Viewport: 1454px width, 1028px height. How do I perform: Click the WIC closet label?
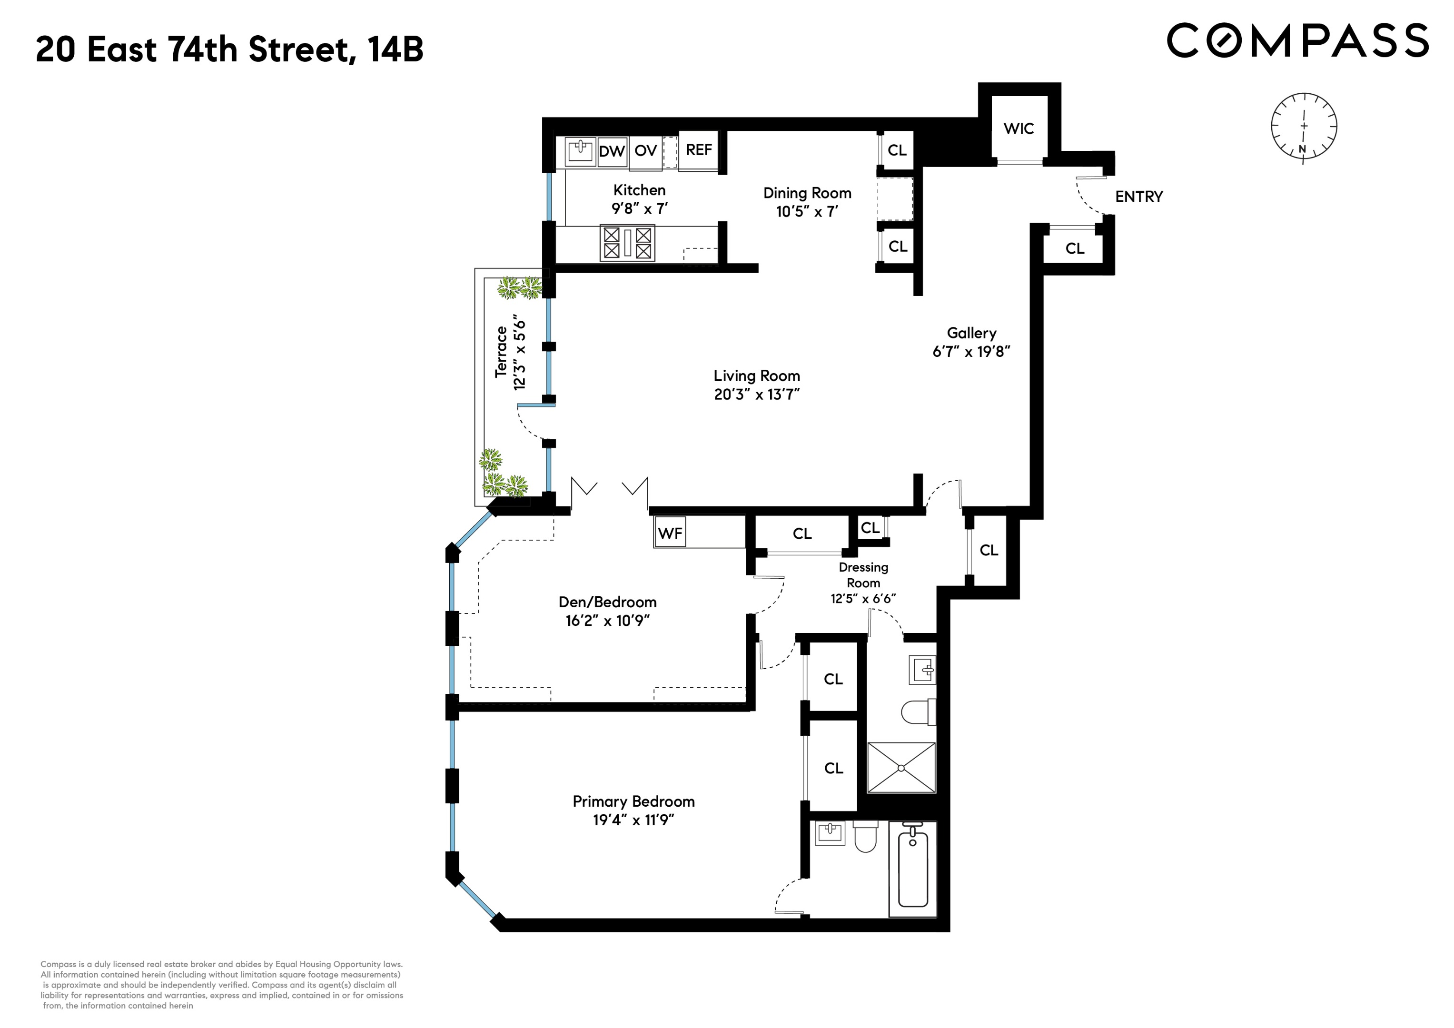pos(1019,128)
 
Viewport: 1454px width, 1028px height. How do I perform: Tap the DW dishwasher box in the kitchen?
pos(612,151)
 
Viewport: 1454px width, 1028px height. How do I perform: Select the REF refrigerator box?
pos(699,150)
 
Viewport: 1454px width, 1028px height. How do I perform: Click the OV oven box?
pos(645,151)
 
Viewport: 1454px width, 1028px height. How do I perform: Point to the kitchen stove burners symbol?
pos(627,243)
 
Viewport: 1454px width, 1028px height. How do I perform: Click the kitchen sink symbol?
pos(579,151)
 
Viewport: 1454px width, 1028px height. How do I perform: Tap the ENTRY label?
pos(1138,197)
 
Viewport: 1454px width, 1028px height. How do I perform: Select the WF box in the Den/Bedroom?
pos(670,534)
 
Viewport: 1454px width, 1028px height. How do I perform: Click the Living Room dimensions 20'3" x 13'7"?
pos(757,395)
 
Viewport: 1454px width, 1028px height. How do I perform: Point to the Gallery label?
pos(971,333)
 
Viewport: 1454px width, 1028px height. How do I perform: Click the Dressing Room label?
pos(863,575)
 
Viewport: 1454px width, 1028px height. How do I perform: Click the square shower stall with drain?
pos(900,768)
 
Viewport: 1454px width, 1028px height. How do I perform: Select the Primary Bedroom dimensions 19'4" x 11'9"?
pos(633,820)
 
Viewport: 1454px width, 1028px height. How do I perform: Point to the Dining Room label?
pos(807,193)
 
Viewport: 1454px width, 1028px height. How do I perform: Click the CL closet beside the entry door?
pos(1075,248)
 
